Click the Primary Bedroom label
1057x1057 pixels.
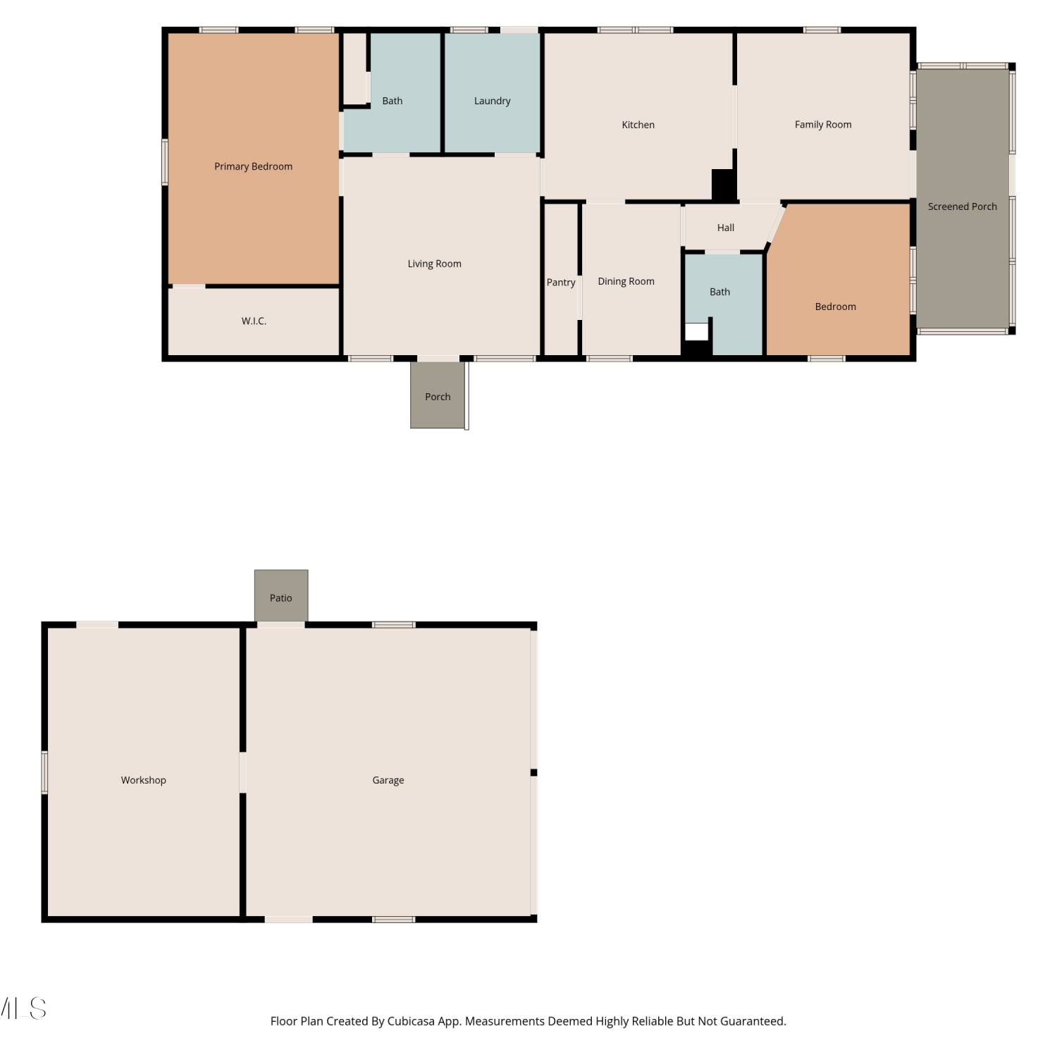coord(253,166)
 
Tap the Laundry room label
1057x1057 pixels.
coord(492,101)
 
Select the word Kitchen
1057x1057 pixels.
coord(638,125)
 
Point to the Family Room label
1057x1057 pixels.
coord(823,125)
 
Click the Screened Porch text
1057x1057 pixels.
coord(962,206)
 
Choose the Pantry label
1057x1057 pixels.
coord(561,283)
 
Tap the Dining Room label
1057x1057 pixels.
coord(626,281)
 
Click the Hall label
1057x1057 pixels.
coord(725,228)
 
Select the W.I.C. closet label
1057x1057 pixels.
coord(254,321)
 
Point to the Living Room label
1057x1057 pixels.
coord(434,264)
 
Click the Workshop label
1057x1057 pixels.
coord(143,780)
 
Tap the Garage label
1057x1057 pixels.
coord(388,780)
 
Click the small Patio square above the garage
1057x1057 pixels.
coord(281,595)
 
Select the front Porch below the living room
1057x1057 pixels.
coord(438,395)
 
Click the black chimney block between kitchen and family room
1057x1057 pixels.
coord(724,185)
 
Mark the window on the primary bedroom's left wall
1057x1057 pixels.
coord(165,162)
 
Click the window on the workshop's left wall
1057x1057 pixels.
coord(44,772)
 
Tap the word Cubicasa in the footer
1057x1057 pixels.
coord(411,1021)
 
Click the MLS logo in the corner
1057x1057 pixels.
coord(23,1008)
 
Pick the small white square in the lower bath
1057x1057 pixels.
coord(696,332)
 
